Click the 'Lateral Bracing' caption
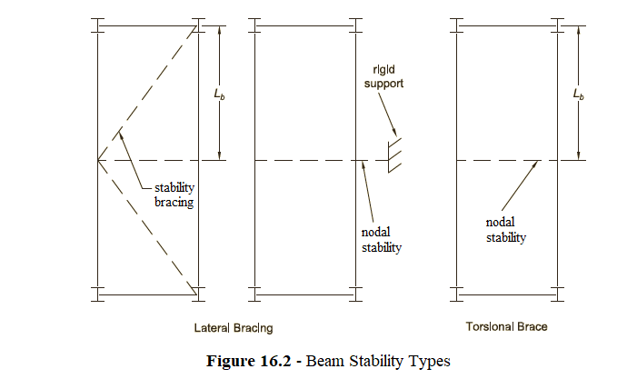coord(233,326)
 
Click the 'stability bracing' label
coord(172,195)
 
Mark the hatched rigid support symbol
coord(393,157)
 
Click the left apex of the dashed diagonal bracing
coord(98,160)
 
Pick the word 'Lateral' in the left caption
coord(213,326)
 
